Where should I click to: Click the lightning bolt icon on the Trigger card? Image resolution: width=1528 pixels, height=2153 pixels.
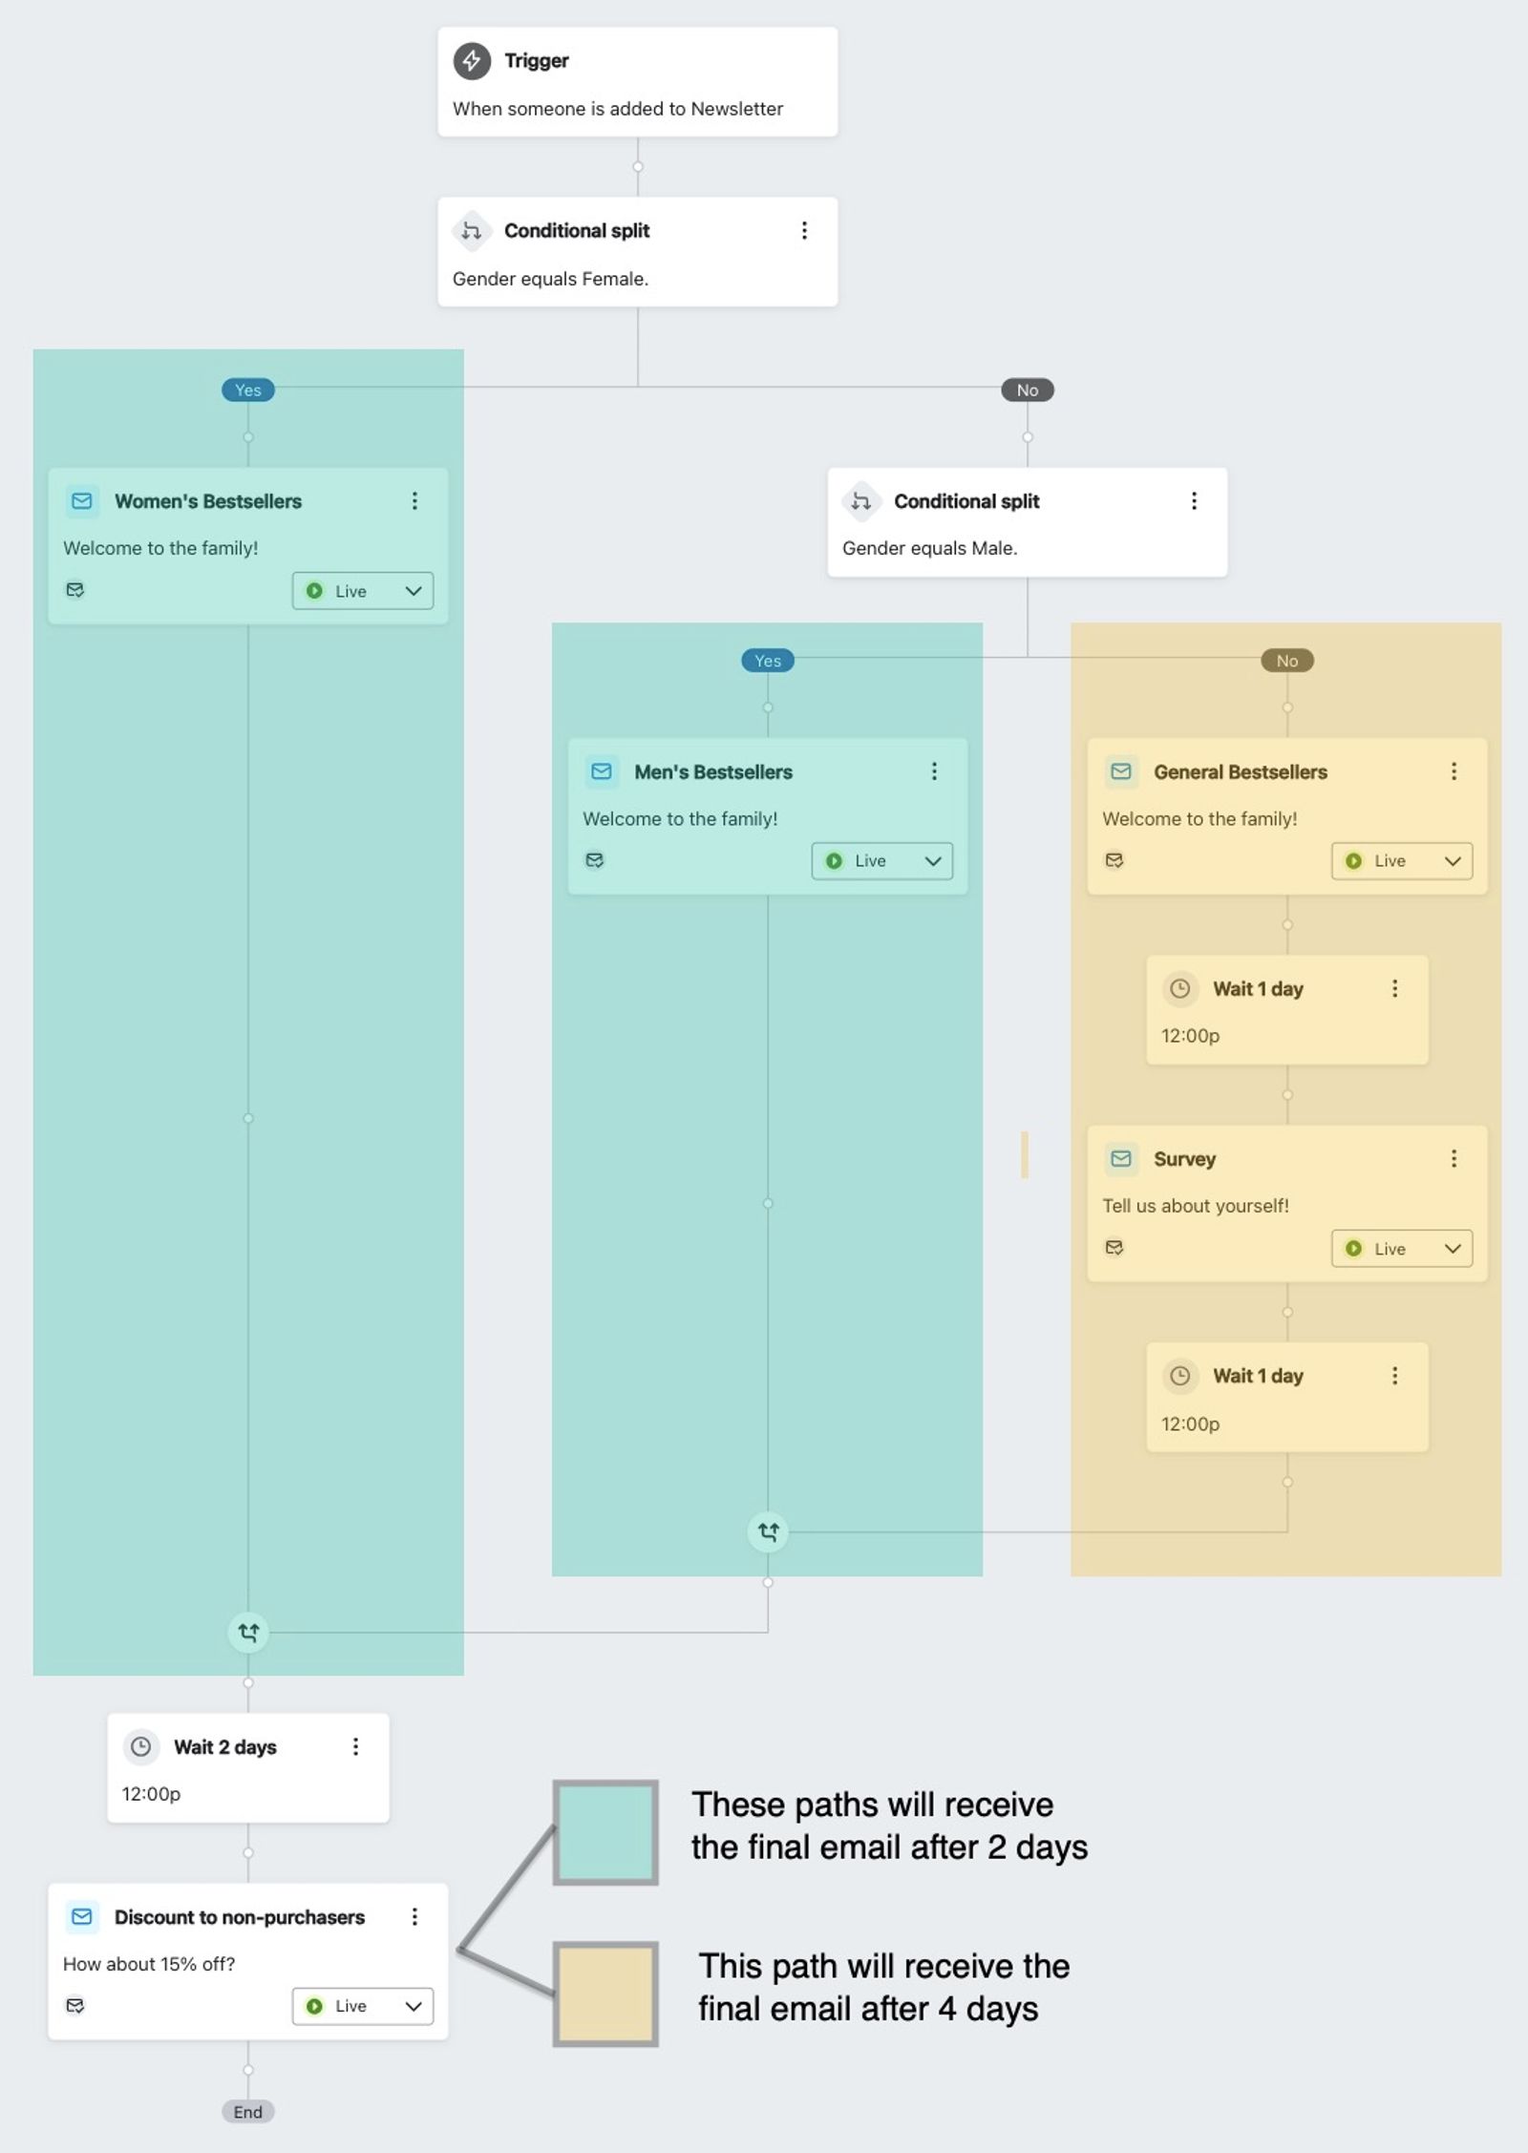472,60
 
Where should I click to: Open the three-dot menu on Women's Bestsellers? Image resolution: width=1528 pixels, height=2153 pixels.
414,501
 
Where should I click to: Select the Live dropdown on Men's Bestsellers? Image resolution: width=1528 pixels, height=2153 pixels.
881,860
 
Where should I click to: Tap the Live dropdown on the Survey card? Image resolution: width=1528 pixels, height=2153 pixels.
1402,1248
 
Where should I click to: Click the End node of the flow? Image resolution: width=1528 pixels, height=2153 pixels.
248,2112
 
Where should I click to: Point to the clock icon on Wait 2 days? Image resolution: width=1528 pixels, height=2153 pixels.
141,1746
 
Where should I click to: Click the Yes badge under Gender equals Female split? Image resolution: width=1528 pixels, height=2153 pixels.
248,390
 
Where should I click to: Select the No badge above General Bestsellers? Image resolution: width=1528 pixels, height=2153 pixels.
1287,661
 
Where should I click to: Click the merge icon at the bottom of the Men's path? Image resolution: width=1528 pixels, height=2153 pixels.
768,1532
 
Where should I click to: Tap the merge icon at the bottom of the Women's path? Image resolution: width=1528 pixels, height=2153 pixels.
248,1633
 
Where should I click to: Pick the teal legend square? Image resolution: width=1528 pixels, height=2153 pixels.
605,1832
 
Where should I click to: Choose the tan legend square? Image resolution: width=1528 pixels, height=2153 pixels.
605,1995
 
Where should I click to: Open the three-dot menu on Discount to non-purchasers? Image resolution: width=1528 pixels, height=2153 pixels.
414,1916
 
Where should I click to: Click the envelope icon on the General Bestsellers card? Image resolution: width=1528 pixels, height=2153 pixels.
1121,771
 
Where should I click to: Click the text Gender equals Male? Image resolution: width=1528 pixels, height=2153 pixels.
929,548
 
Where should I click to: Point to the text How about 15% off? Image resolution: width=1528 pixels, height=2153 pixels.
149,1964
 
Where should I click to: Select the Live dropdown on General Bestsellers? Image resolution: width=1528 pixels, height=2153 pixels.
1402,860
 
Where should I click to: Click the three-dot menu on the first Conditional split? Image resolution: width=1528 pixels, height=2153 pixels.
804,230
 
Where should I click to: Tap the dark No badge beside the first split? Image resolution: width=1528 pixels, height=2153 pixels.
1028,390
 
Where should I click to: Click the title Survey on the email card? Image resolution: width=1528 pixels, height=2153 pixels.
1184,1159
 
